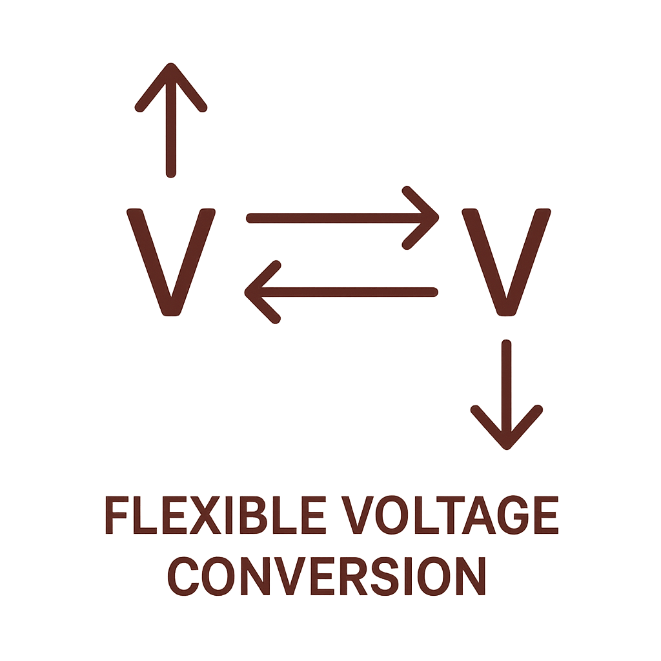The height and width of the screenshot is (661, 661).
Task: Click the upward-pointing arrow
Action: click(x=170, y=123)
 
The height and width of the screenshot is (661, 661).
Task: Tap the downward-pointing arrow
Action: click(x=507, y=394)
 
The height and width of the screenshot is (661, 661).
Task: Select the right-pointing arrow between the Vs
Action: click(x=342, y=218)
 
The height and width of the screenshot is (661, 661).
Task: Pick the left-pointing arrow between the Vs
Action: click(x=342, y=292)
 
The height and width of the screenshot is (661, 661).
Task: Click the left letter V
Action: click(x=170, y=261)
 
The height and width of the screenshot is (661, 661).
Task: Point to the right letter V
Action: click(x=507, y=261)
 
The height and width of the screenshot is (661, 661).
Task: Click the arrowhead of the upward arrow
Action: click(x=170, y=84)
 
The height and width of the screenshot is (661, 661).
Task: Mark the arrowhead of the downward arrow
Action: click(x=507, y=429)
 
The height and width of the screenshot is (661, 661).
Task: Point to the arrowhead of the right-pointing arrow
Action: click(x=423, y=218)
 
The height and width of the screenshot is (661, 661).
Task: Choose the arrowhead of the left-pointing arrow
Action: click(x=261, y=292)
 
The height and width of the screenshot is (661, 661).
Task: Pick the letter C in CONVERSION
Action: click(x=185, y=576)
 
